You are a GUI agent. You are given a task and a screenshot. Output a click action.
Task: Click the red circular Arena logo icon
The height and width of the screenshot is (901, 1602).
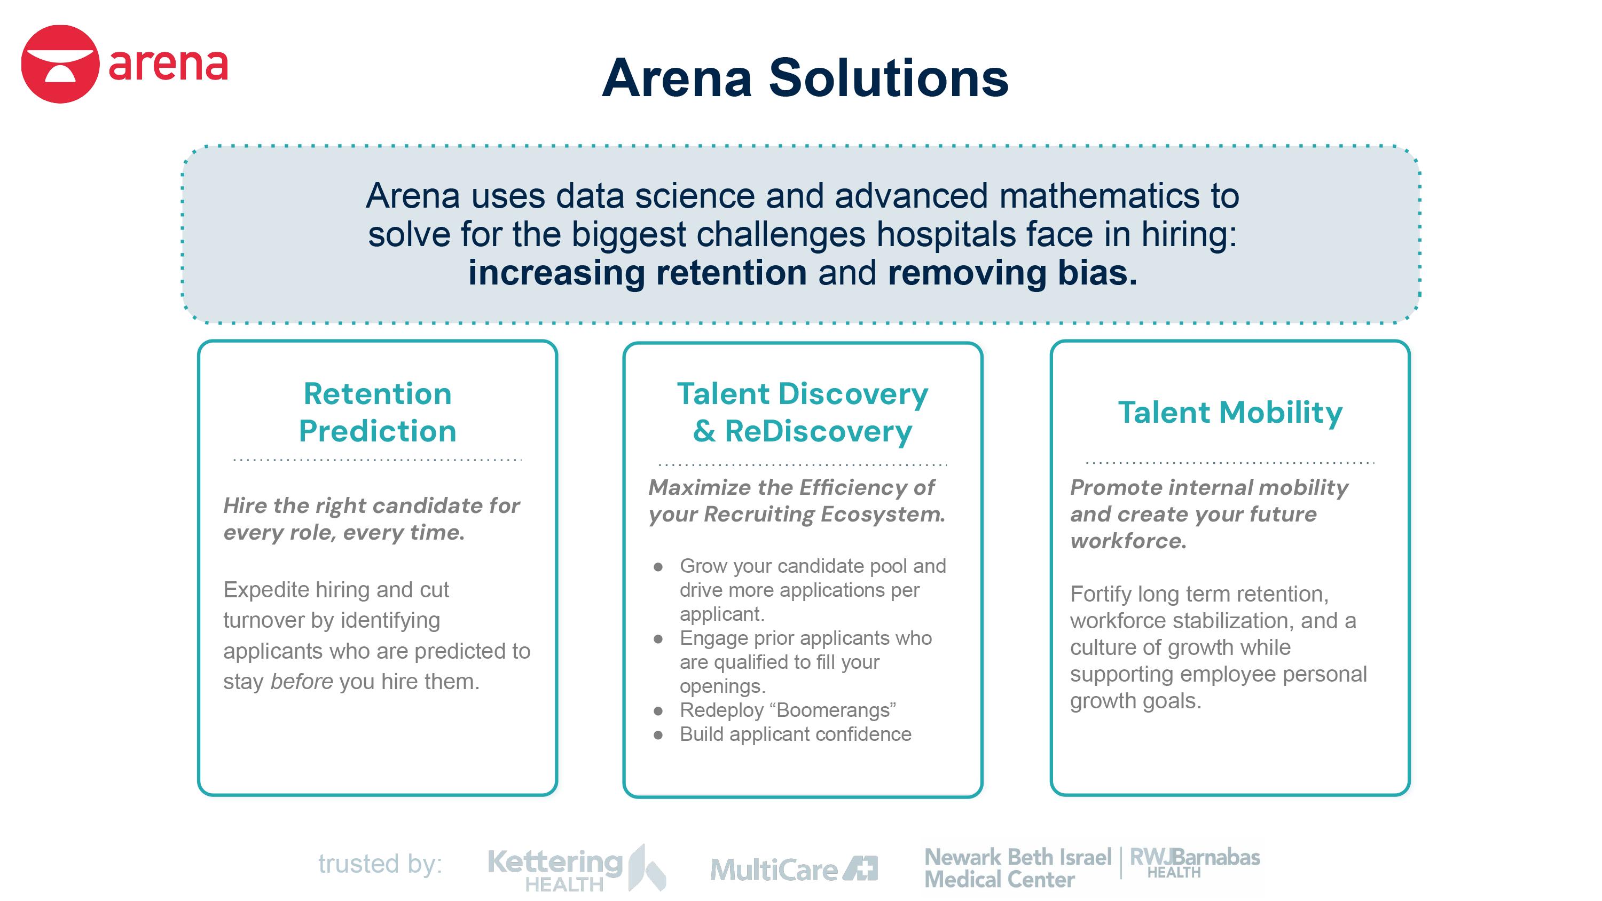(x=60, y=64)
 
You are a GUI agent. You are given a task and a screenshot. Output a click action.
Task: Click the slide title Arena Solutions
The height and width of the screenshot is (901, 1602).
(x=805, y=78)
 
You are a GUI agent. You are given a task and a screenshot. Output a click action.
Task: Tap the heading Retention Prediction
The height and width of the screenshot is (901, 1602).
(x=378, y=412)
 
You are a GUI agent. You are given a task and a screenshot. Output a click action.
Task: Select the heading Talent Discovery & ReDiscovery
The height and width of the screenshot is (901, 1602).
(x=802, y=412)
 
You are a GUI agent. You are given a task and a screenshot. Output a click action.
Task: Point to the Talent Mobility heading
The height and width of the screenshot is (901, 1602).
(x=1230, y=412)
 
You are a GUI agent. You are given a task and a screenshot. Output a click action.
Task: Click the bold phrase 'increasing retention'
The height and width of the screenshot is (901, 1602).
(x=638, y=273)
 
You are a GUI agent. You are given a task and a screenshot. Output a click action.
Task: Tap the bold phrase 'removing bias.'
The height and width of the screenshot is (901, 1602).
(x=1012, y=273)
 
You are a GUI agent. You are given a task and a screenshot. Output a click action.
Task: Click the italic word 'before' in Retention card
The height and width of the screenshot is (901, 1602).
(x=302, y=682)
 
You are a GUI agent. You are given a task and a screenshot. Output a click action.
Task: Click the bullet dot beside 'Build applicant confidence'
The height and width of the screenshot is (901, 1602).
(x=658, y=736)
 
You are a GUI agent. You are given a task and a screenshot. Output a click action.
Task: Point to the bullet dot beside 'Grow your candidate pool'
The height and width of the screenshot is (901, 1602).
(x=658, y=567)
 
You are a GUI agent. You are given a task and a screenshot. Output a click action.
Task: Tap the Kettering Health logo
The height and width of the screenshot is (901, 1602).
(x=577, y=868)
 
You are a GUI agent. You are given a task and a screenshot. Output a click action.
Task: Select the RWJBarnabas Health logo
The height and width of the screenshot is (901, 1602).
(x=1195, y=863)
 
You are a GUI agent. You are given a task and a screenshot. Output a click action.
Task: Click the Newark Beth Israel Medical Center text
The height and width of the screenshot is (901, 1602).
(x=1017, y=868)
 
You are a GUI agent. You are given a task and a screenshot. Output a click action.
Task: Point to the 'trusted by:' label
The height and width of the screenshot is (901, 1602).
(x=380, y=864)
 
